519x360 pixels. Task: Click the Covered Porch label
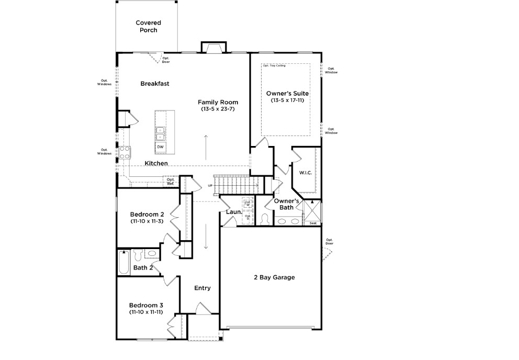pyautogui.click(x=148, y=26)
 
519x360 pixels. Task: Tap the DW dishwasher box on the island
pyautogui.click(x=160, y=147)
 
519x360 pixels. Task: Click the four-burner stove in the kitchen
pyautogui.click(x=126, y=152)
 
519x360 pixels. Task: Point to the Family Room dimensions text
pyautogui.click(x=218, y=109)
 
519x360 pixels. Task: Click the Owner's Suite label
pyautogui.click(x=287, y=93)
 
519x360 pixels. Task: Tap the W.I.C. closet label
pyautogui.click(x=306, y=173)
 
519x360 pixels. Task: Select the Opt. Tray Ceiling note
pyautogui.click(x=274, y=66)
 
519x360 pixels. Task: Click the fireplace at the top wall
pyautogui.click(x=213, y=48)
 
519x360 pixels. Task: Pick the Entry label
pyautogui.click(x=202, y=288)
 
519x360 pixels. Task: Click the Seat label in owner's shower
pyautogui.click(x=313, y=223)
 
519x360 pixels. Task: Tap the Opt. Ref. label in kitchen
pyautogui.click(x=171, y=182)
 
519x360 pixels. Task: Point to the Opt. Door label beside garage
pyautogui.click(x=329, y=241)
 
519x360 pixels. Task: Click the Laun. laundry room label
pyautogui.click(x=233, y=212)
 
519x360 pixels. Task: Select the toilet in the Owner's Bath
pyautogui.click(x=264, y=218)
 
